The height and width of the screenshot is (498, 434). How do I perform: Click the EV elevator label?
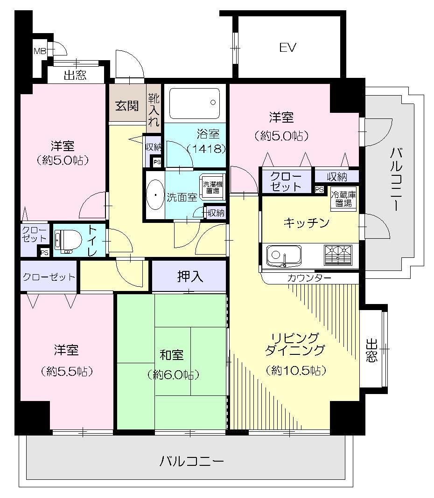pyautogui.click(x=288, y=48)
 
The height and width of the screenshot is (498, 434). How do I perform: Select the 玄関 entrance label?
pyautogui.click(x=127, y=106)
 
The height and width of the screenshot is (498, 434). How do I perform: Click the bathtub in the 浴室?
pyautogui.click(x=195, y=103)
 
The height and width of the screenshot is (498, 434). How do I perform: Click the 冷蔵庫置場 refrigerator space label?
pyautogui.click(x=343, y=199)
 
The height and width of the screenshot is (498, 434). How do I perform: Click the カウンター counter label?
pyautogui.click(x=309, y=278)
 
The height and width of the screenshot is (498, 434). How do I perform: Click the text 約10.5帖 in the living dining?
pyautogui.click(x=296, y=370)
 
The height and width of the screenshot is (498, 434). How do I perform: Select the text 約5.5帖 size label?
pyautogui.click(x=66, y=371)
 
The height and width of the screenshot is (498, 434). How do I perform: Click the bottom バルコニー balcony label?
pyautogui.click(x=192, y=462)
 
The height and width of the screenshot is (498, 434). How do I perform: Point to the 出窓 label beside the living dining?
pyautogui.click(x=371, y=350)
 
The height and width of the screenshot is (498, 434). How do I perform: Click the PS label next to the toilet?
pyautogui.click(x=44, y=253)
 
